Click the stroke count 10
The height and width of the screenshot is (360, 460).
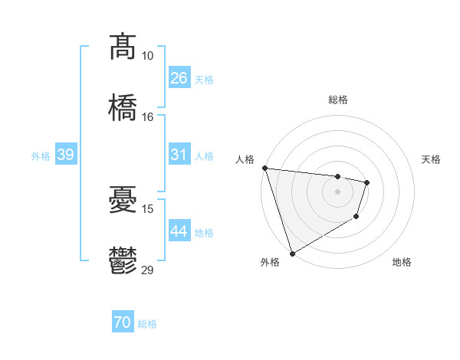pos(147,56)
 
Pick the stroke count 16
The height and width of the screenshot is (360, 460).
pos(147,116)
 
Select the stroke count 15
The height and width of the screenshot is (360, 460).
pos(147,208)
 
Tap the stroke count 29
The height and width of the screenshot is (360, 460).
pos(148,270)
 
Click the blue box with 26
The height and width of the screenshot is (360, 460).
pos(179,78)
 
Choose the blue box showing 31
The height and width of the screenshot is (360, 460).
pos(179,155)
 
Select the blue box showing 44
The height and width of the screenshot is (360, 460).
pos(179,231)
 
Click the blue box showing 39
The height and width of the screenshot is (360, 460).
pos(65,155)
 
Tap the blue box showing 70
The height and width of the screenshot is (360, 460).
pos(123,323)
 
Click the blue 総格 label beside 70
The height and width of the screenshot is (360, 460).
pos(147,324)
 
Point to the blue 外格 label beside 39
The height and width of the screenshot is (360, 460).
pos(41,155)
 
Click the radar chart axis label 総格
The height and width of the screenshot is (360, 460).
pos(337,100)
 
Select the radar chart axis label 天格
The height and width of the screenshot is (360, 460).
pos(431,159)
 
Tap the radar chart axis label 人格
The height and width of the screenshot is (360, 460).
pos(245,159)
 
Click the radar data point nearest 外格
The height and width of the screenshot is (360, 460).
pos(291,254)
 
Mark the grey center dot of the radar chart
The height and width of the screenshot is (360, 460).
pos(337,191)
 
